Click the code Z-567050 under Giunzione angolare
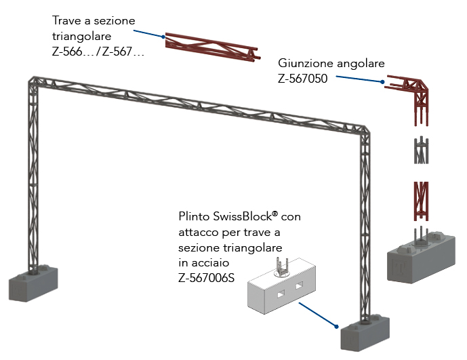303,78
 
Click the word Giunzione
305,63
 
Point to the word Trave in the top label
67,20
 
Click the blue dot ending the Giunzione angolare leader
382,83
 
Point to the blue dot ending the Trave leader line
164,36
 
